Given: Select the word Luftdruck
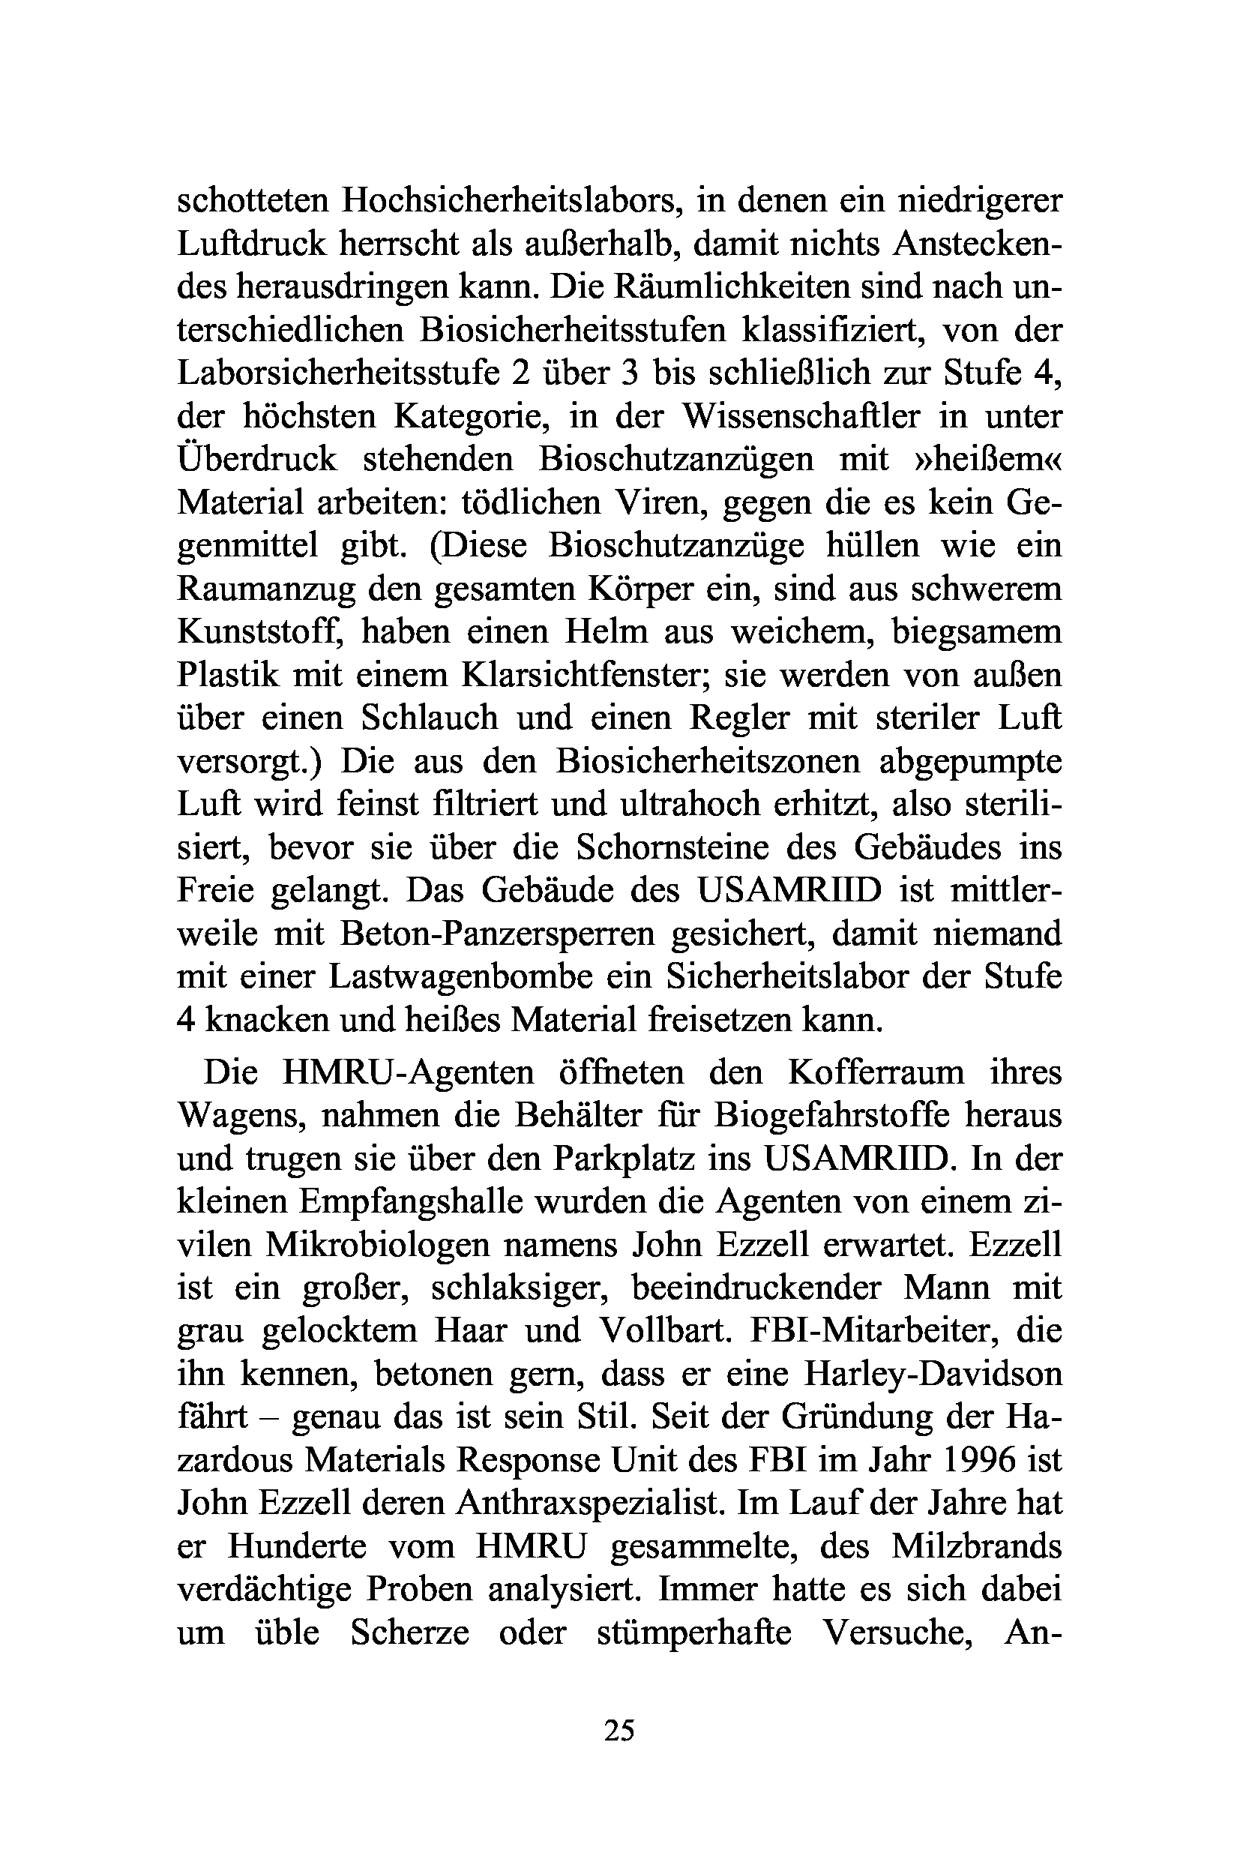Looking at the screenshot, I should (x=250, y=244).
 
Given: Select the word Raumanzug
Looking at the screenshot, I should (x=269, y=589).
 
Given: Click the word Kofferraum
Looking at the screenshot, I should (x=876, y=1072).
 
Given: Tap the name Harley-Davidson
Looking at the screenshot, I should (x=933, y=1374).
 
